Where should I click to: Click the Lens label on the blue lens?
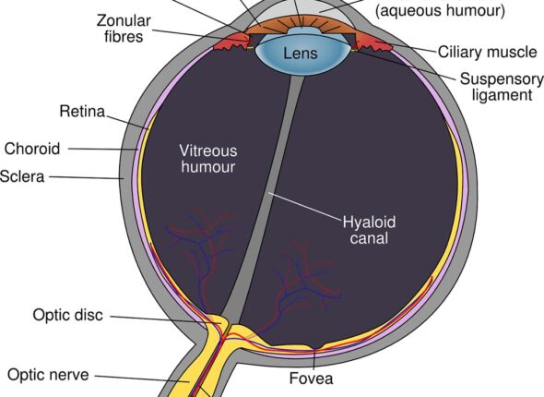pos(301,54)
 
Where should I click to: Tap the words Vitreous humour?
pos(208,159)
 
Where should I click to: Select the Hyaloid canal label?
pos(369,230)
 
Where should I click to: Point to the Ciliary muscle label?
pos(487,52)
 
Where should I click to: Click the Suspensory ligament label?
pos(502,87)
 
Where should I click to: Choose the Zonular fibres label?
pos(124,29)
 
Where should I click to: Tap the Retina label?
pos(82,112)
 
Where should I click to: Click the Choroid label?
pos(32,149)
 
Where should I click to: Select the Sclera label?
pos(22,176)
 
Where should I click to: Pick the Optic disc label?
pos(68,315)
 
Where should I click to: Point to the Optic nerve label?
pos(48,375)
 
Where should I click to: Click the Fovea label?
pos(312,379)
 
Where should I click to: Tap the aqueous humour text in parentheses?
pos(440,10)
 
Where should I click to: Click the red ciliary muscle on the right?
pos(373,42)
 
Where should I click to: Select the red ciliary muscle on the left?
pos(230,42)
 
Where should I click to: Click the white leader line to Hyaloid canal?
pos(305,207)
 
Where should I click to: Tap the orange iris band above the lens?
pos(300,25)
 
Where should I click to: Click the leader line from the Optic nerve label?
pos(142,379)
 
